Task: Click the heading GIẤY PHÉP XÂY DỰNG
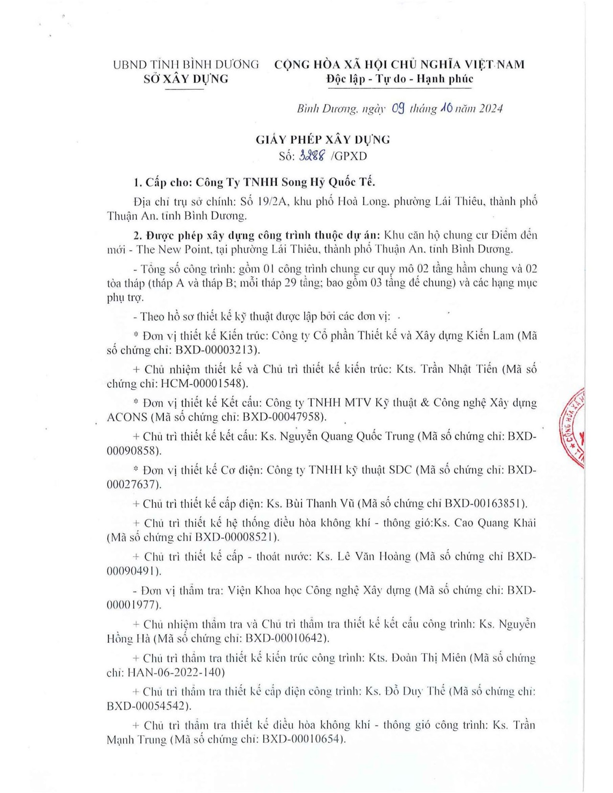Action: point(323,139)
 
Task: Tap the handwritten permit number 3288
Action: point(312,156)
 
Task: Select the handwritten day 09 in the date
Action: point(398,109)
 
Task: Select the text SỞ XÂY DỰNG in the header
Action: point(186,79)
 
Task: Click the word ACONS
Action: point(127,417)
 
